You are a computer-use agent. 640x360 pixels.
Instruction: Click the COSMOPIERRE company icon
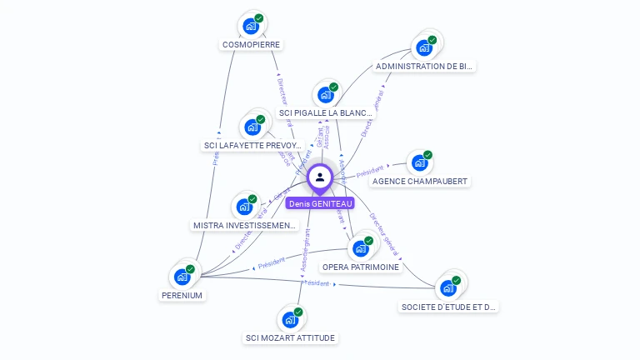point(251,26)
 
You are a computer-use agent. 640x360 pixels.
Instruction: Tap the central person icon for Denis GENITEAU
point(320,177)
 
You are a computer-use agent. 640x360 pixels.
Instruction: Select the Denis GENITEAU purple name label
point(321,203)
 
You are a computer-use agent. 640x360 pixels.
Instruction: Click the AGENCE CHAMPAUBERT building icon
point(420,162)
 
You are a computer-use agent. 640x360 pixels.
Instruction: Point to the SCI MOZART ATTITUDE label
point(291,337)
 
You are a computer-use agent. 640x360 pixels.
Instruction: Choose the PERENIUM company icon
point(182,277)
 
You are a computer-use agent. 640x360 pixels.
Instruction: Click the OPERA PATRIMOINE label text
point(361,267)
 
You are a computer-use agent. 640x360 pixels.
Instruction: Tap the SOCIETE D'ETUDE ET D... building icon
point(448,288)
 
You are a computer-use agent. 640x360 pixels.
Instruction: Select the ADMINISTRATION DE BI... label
point(425,66)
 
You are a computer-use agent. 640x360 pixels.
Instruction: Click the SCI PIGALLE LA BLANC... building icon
point(326,95)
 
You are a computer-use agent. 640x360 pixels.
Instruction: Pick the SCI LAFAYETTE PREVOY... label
point(252,145)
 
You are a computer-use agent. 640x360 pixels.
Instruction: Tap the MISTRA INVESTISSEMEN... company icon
point(245,207)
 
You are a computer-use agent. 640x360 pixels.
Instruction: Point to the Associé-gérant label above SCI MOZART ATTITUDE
point(305,251)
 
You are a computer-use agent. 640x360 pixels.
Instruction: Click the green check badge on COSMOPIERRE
point(259,18)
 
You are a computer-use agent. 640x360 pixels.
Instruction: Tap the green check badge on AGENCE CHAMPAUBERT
point(428,155)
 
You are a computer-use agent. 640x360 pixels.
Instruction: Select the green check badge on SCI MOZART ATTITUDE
point(298,312)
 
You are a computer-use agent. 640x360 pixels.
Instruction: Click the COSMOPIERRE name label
point(252,44)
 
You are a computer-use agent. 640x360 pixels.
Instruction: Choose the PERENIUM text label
point(182,295)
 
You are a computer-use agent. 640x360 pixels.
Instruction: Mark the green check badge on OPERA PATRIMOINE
point(369,241)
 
